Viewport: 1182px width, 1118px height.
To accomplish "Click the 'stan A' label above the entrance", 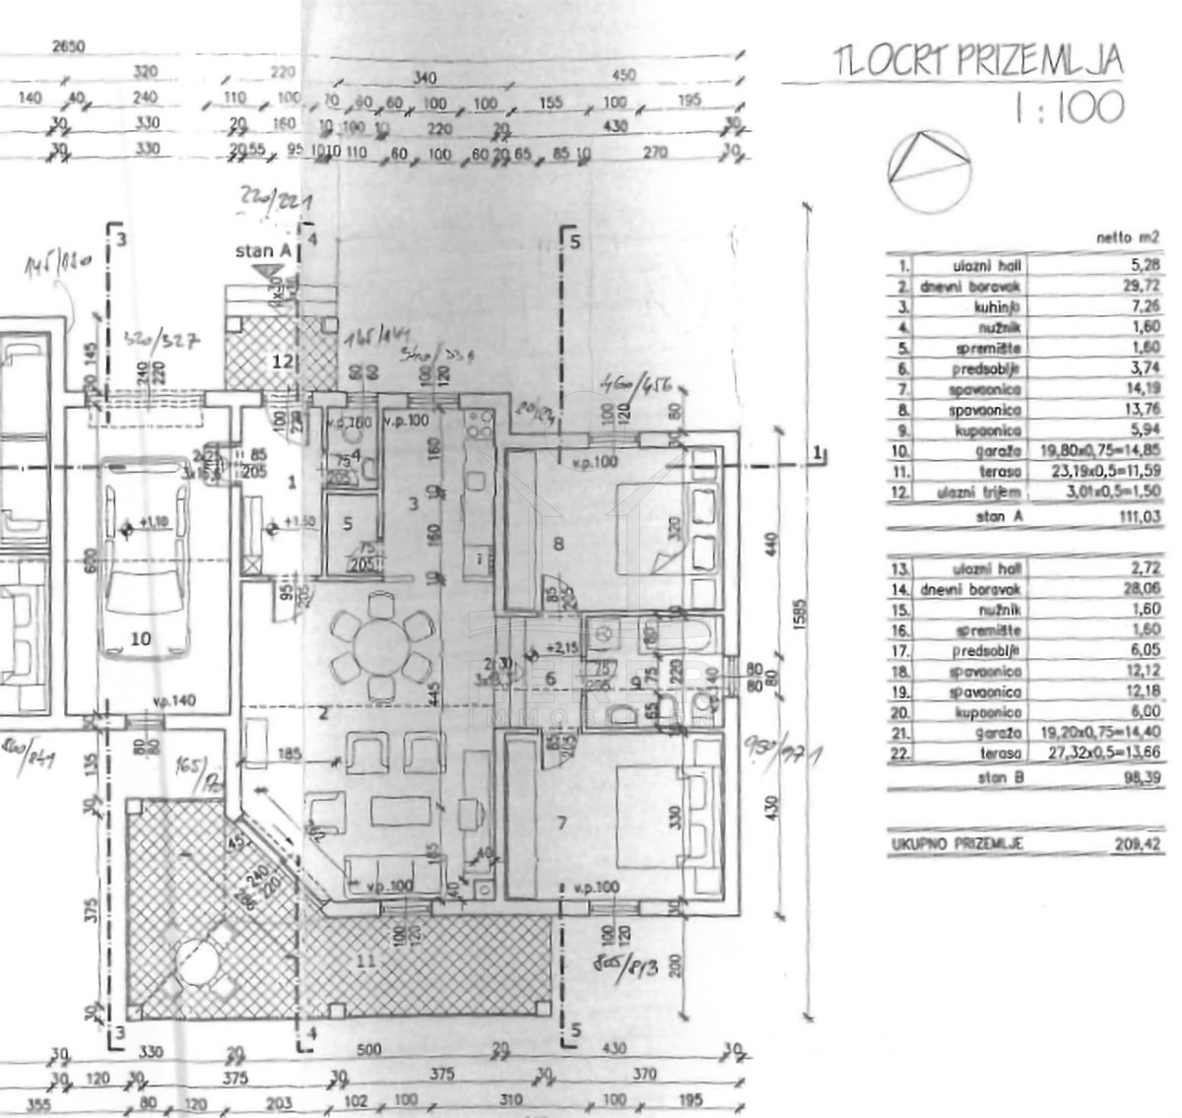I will tap(261, 252).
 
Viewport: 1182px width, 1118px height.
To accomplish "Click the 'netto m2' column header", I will tap(1124, 236).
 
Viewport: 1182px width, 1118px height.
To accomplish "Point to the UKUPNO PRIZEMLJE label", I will tap(955, 844).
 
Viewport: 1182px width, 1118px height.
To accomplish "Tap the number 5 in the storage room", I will tap(347, 523).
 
